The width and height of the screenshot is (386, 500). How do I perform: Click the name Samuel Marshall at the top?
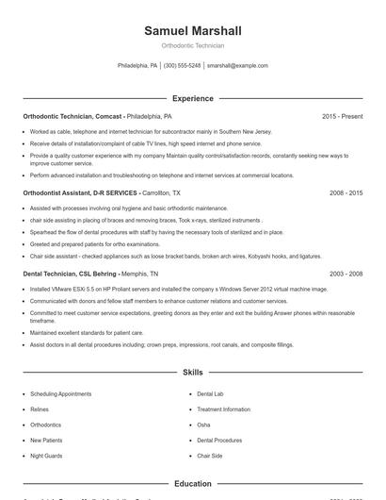tap(192, 30)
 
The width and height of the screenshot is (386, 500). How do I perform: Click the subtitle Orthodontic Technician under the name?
tap(192, 45)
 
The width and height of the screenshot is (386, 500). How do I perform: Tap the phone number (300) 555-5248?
tap(182, 66)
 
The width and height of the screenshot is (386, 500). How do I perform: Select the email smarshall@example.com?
tap(237, 66)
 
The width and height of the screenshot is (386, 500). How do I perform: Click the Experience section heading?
tap(192, 98)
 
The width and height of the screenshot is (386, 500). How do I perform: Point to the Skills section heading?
tap(192, 374)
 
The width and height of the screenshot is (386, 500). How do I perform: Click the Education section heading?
tap(192, 484)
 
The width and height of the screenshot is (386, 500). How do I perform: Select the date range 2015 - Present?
tap(342, 116)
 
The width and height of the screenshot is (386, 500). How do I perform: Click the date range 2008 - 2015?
tap(346, 192)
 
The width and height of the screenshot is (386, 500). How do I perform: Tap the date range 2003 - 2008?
tap(346, 274)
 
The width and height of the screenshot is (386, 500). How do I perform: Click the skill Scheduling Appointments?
tap(60, 393)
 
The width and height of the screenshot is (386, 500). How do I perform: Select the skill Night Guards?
tap(46, 456)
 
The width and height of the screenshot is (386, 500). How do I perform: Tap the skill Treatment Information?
tap(223, 409)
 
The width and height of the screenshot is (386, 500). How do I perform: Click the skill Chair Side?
tap(209, 456)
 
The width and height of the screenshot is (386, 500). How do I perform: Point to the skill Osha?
tap(203, 425)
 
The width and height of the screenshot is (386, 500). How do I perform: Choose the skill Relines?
tap(40, 409)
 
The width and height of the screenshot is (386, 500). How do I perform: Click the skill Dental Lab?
tap(211, 393)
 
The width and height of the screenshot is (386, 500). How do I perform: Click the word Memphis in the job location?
tap(136, 274)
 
